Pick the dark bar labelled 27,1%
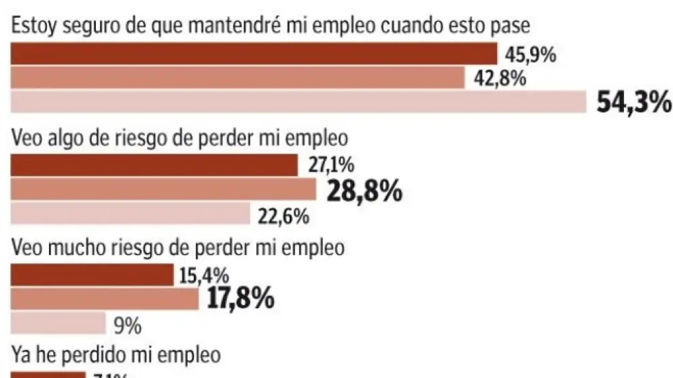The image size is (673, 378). [x=155, y=165]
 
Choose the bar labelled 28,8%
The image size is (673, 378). [x=164, y=189]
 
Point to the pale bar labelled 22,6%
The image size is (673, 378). [x=131, y=213]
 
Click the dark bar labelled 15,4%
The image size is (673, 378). [x=92, y=275]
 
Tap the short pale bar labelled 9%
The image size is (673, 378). [x=58, y=322]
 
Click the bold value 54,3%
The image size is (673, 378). [x=634, y=103]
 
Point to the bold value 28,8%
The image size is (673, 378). [x=364, y=192]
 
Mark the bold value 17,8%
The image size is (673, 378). [x=240, y=298]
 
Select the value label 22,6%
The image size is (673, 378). [x=283, y=218]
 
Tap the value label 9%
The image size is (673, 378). [x=127, y=327]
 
